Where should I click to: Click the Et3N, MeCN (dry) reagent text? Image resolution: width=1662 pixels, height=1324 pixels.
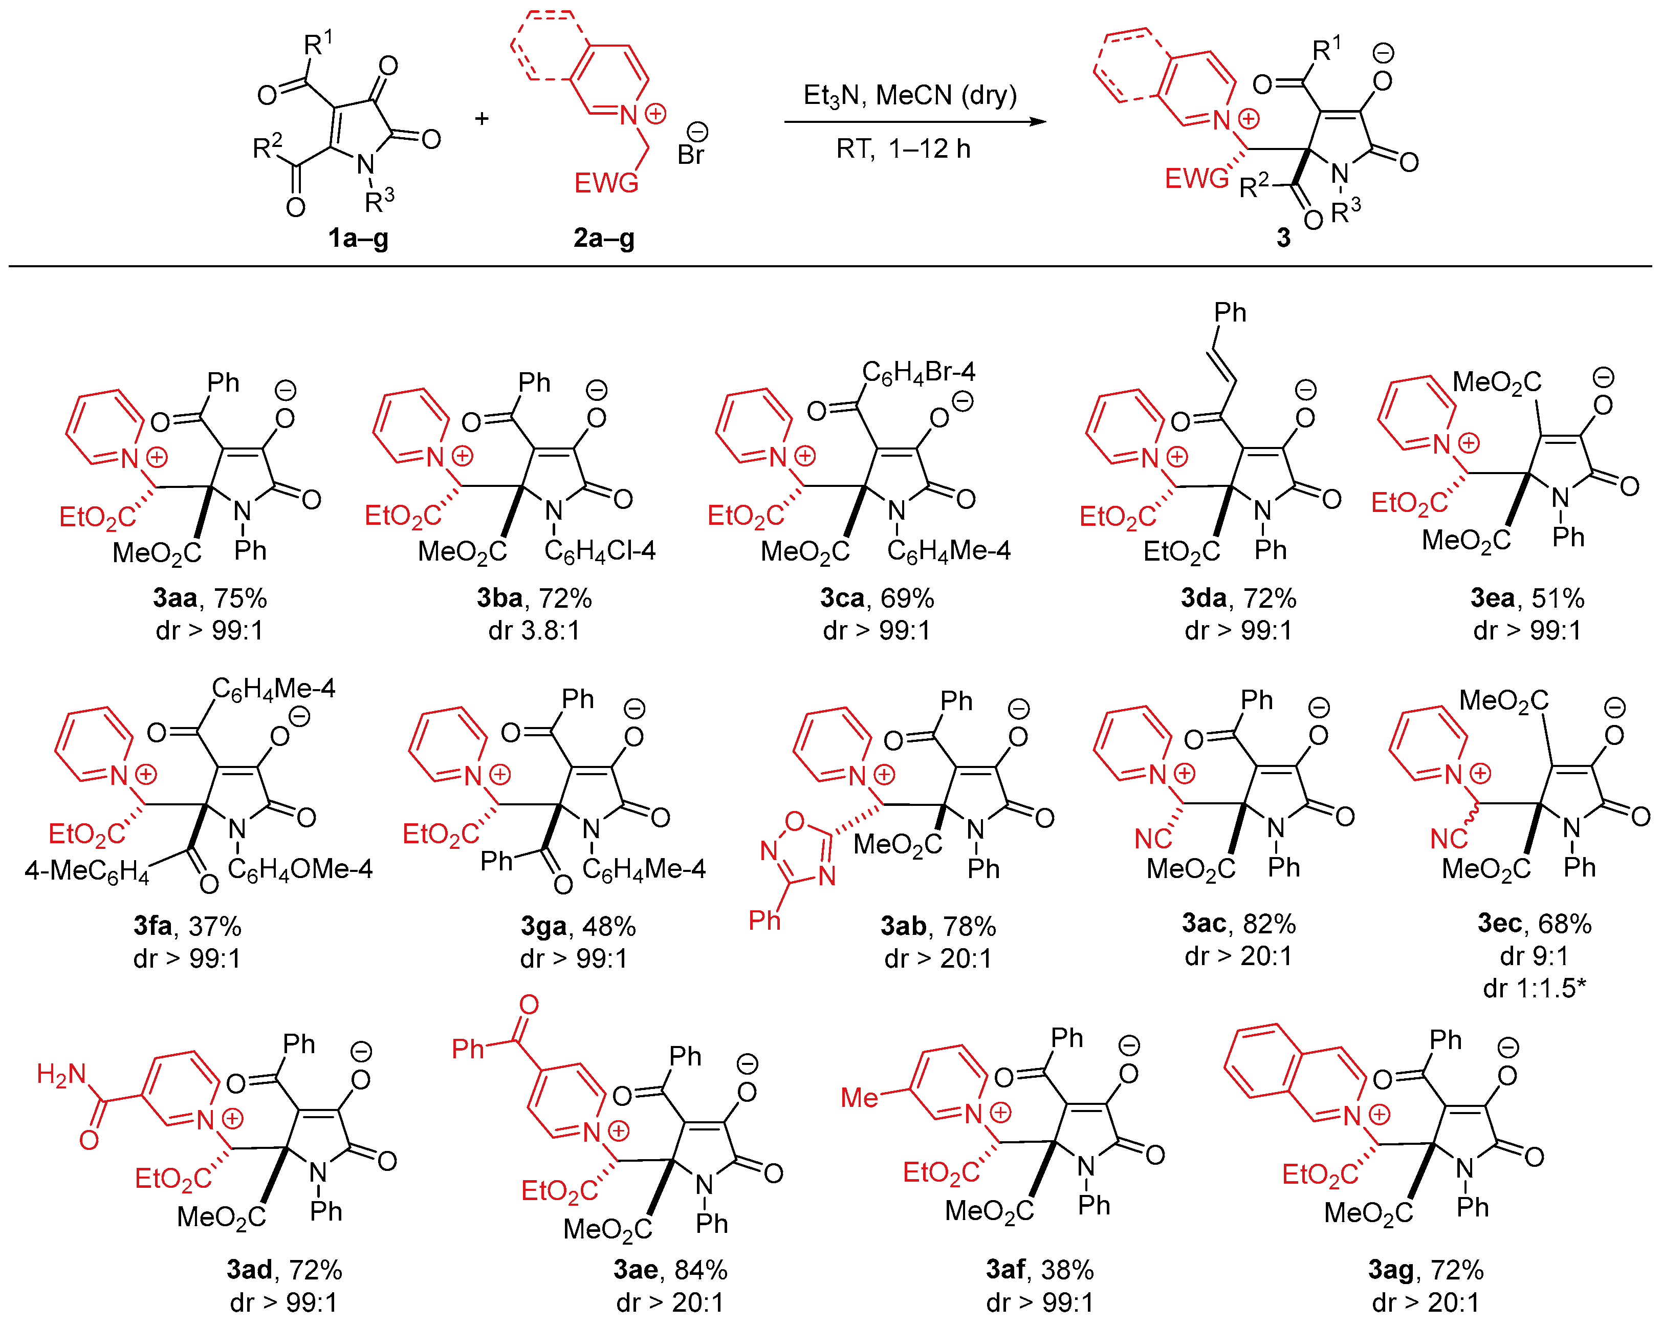pyautogui.click(x=910, y=95)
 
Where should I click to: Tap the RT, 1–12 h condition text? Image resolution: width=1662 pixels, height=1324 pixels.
pyautogui.click(x=904, y=148)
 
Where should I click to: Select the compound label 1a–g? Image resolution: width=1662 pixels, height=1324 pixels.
pyautogui.click(x=359, y=238)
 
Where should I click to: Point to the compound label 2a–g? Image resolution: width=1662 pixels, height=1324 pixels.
pyautogui.click(x=604, y=238)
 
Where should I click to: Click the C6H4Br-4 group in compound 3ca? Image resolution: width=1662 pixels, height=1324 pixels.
pyautogui.click(x=918, y=372)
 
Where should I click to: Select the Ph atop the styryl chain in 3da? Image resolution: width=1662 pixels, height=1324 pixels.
pyautogui.click(x=1230, y=312)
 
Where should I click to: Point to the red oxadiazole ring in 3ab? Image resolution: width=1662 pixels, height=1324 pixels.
pyautogui.click(x=799, y=848)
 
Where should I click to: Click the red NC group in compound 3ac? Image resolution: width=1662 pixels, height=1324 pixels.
pyautogui.click(x=1153, y=838)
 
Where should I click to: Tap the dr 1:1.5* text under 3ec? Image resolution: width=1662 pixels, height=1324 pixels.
pyautogui.click(x=1534, y=988)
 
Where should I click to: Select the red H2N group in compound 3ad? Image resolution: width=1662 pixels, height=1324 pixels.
pyautogui.click(x=62, y=1074)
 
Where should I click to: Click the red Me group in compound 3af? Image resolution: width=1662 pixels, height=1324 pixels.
pyautogui.click(x=859, y=1097)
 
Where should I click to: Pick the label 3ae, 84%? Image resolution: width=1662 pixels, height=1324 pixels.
pyautogui.click(x=670, y=1269)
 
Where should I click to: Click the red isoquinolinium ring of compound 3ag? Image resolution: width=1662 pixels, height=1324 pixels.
pyautogui.click(x=1295, y=1072)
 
